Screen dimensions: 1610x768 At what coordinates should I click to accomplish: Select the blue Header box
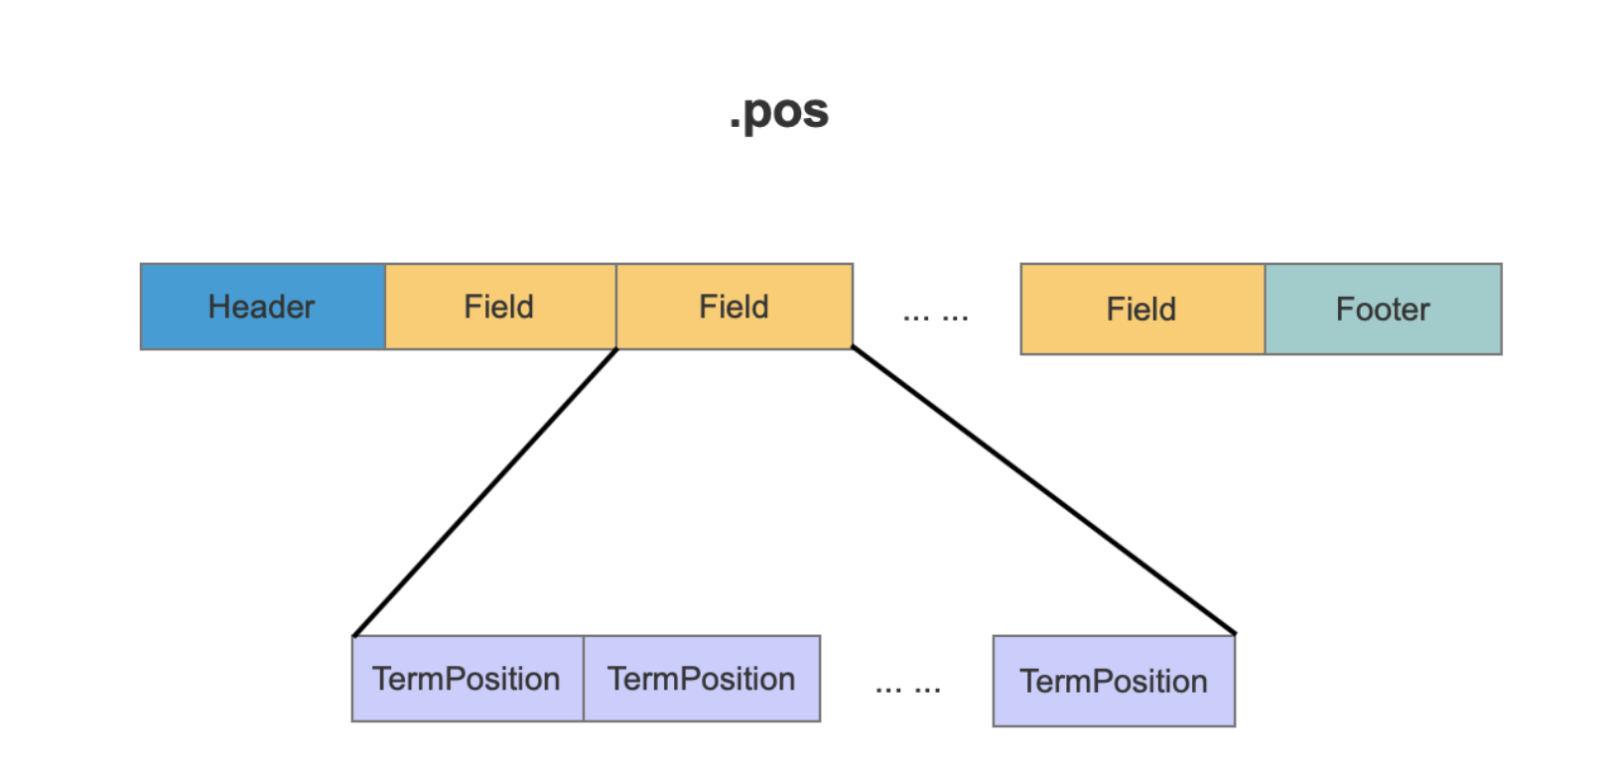[263, 307]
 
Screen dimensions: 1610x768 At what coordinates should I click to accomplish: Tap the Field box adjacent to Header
[500, 307]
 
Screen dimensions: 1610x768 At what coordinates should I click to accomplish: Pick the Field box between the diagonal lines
[735, 307]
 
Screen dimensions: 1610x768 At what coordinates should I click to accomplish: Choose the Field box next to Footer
[1142, 309]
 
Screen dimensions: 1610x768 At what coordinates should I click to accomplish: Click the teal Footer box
[1384, 309]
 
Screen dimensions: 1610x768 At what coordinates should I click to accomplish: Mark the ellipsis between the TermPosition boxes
[908, 689]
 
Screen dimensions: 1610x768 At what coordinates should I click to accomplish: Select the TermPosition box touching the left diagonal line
[468, 678]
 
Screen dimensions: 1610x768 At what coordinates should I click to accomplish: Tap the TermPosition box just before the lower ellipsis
[702, 678]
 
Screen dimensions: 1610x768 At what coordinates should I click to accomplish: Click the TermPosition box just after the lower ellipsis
[1114, 681]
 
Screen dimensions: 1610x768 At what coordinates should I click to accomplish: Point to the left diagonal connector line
[485, 493]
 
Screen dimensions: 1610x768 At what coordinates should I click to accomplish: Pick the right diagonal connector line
[1043, 491]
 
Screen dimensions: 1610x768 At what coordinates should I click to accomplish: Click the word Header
[262, 307]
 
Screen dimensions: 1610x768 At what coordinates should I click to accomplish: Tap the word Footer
[1383, 310]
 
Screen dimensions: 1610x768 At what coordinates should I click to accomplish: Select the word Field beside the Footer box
[1141, 310]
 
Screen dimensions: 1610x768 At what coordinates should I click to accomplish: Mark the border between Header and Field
[385, 307]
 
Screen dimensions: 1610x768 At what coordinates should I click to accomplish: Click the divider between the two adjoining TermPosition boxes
[584, 678]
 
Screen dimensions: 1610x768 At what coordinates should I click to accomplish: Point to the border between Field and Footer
[1265, 309]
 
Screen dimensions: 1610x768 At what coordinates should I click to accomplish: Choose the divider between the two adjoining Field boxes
[616, 307]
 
